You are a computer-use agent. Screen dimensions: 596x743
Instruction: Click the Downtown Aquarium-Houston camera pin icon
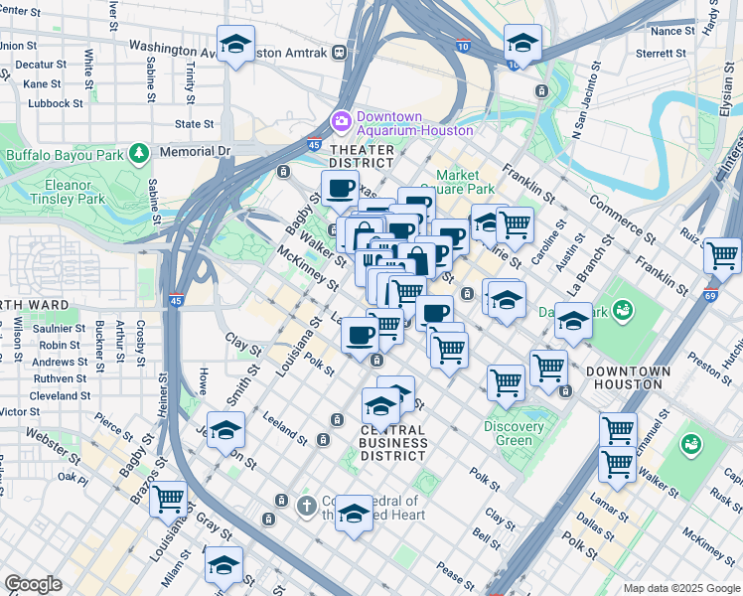(x=342, y=120)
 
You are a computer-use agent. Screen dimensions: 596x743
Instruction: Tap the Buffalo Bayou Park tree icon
(x=140, y=153)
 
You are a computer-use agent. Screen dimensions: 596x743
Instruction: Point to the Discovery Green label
(x=514, y=433)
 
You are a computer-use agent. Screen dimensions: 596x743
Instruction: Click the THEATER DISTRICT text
(x=362, y=156)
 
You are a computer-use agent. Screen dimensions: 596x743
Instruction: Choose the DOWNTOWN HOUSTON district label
(x=628, y=377)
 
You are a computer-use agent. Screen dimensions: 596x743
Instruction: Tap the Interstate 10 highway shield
(x=462, y=46)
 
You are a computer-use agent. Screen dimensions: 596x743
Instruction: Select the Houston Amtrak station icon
(x=340, y=52)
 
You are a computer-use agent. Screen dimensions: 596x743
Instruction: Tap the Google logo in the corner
(x=33, y=584)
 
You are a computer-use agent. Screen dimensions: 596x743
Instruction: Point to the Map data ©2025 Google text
(x=680, y=588)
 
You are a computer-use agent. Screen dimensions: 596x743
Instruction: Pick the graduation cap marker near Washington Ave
(x=235, y=45)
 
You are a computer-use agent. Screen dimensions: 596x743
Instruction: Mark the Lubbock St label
(x=56, y=103)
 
